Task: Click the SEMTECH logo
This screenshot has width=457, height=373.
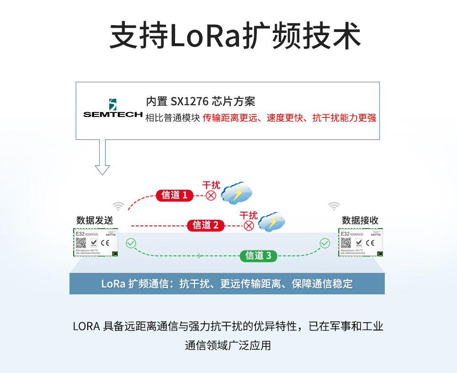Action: click(113, 109)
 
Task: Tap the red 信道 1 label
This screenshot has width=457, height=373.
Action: click(174, 195)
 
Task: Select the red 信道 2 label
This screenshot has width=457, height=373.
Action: click(206, 225)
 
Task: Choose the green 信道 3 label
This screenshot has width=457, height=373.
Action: click(259, 256)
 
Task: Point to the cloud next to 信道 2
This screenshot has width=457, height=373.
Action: click(272, 223)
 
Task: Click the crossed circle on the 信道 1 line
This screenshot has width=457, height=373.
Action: click(211, 196)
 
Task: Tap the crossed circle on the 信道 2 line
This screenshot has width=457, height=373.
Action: click(249, 225)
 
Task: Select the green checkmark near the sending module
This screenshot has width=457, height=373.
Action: click(131, 243)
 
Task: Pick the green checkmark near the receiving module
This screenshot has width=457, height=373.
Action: click(324, 243)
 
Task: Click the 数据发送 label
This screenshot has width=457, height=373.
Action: click(95, 220)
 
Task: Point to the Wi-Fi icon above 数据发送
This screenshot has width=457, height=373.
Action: click(118, 206)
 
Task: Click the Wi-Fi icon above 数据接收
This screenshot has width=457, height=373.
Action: click(334, 206)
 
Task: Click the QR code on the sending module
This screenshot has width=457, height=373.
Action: click(81, 243)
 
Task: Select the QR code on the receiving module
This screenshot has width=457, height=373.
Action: click(346, 243)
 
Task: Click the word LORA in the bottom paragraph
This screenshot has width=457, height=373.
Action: click(86, 327)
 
